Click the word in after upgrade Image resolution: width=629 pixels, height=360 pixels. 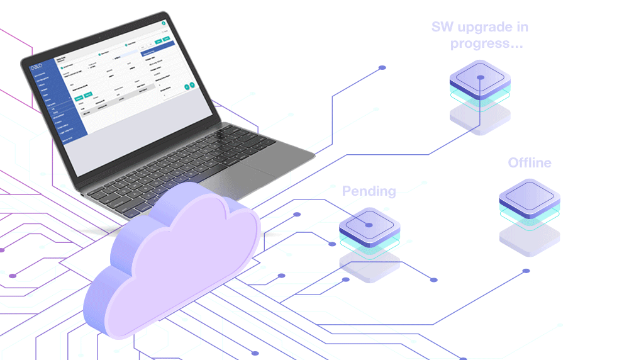[522, 27]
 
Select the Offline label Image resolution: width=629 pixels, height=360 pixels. [530, 163]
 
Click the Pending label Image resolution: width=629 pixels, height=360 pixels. [369, 191]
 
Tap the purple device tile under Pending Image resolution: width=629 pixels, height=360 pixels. [370, 225]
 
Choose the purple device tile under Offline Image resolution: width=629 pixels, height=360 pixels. [530, 197]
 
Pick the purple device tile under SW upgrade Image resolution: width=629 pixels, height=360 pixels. [480, 78]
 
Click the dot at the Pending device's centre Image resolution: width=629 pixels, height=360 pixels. [369, 225]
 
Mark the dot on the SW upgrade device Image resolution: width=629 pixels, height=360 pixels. [480, 77]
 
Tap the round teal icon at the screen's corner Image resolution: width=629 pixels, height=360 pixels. [164, 23]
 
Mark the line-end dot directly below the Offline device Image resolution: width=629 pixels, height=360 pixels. [526, 271]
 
